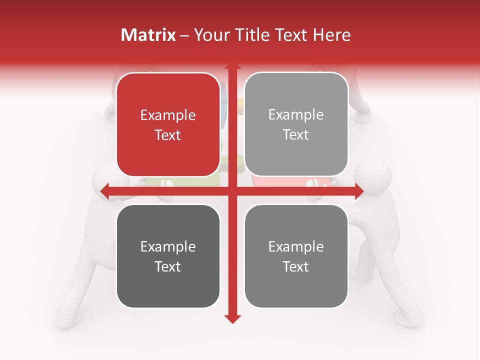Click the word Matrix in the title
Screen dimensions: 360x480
coord(148,35)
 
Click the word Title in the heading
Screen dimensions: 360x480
coord(253,35)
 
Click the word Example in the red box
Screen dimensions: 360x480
coord(168,115)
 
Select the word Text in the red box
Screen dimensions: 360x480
coord(168,135)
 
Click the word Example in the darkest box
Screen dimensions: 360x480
coord(168,247)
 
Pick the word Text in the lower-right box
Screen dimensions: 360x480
coord(296,266)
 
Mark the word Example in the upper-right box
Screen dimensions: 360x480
coord(296,115)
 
